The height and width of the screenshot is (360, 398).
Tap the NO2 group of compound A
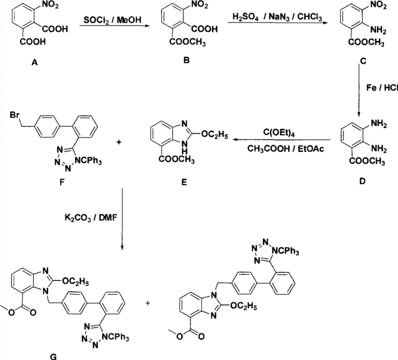point(56,7)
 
